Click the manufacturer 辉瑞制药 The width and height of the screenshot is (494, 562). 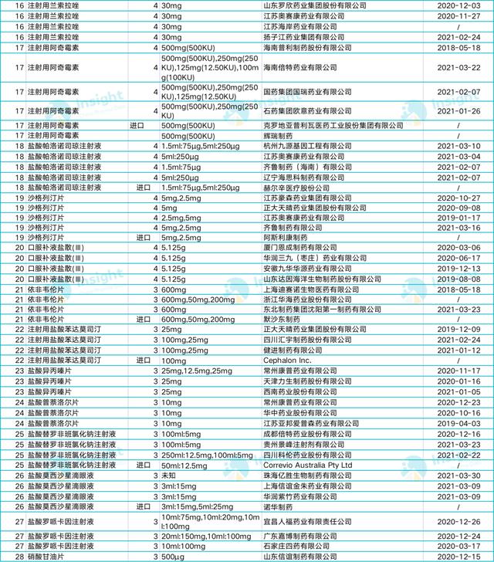[x=282, y=134]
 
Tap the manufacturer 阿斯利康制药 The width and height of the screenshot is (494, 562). [x=286, y=239]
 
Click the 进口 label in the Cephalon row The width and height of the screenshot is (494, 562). [x=144, y=360]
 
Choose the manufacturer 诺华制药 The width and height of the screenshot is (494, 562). [x=282, y=508]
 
